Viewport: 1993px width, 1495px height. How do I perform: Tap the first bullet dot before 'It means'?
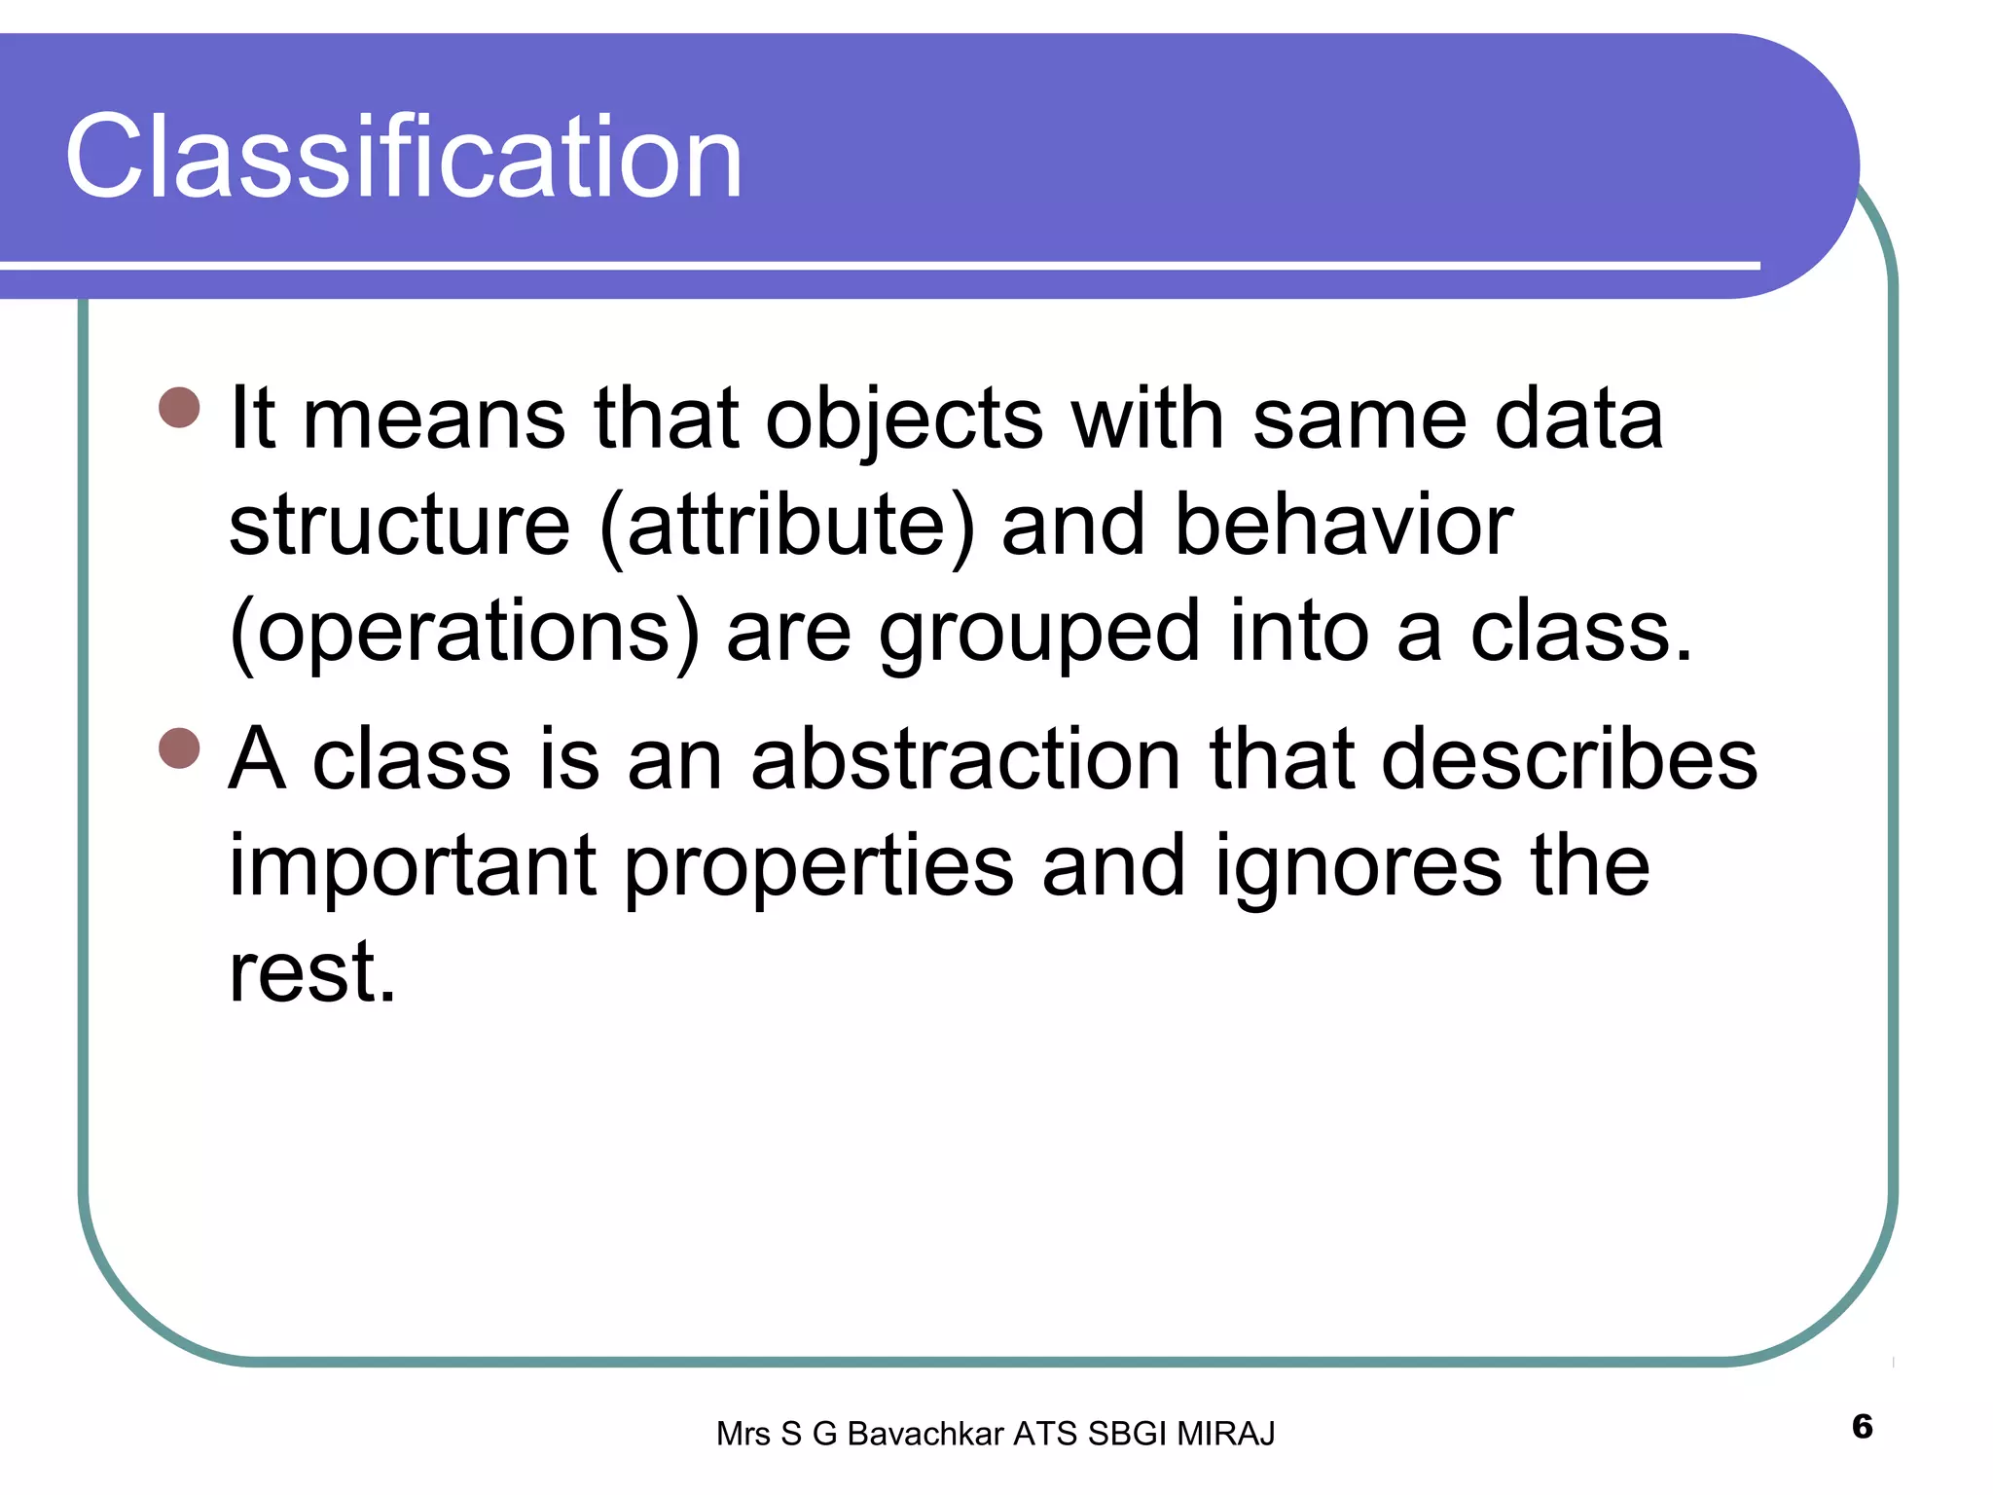[x=179, y=408]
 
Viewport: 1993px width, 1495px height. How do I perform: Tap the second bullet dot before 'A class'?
[x=179, y=748]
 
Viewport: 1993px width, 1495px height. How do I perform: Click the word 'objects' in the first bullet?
[x=904, y=420]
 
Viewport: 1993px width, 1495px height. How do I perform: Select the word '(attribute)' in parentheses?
[x=786, y=527]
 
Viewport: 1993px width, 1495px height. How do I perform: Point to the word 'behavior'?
[x=1344, y=527]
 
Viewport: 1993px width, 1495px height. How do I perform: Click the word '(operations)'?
[x=464, y=634]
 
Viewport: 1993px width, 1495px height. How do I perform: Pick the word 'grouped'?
[x=1039, y=634]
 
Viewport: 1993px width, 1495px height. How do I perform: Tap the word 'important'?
[x=413, y=866]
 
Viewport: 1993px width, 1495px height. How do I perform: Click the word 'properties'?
[x=818, y=866]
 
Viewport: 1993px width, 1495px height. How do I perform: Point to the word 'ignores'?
[x=1359, y=866]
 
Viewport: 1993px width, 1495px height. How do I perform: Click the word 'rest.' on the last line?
[x=312, y=972]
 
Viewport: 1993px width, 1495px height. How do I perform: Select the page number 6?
[x=1862, y=1427]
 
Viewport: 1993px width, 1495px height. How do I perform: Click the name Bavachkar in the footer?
[x=925, y=1434]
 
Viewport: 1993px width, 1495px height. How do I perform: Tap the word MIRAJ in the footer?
[x=1225, y=1434]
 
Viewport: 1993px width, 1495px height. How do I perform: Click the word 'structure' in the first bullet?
[x=399, y=527]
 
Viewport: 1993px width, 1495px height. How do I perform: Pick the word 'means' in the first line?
[x=434, y=420]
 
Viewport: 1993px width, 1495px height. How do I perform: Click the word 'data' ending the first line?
[x=1578, y=420]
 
